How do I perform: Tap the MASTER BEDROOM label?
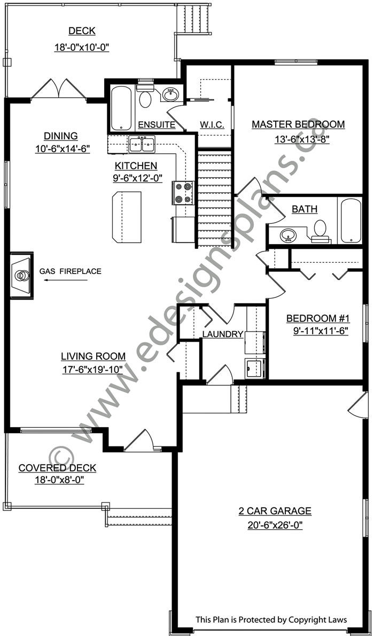[x=298, y=124]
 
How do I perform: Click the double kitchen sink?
[x=142, y=144]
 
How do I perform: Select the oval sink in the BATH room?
[x=289, y=234]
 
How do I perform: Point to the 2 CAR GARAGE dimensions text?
[x=275, y=525]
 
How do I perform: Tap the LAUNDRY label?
[x=223, y=334]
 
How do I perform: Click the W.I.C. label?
[x=212, y=124]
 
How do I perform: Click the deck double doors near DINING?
[x=59, y=89]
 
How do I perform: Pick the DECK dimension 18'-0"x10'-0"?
[x=82, y=47]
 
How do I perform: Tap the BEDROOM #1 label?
[x=317, y=319]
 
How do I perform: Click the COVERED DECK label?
[x=57, y=468]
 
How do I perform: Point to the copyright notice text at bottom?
[x=271, y=620]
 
